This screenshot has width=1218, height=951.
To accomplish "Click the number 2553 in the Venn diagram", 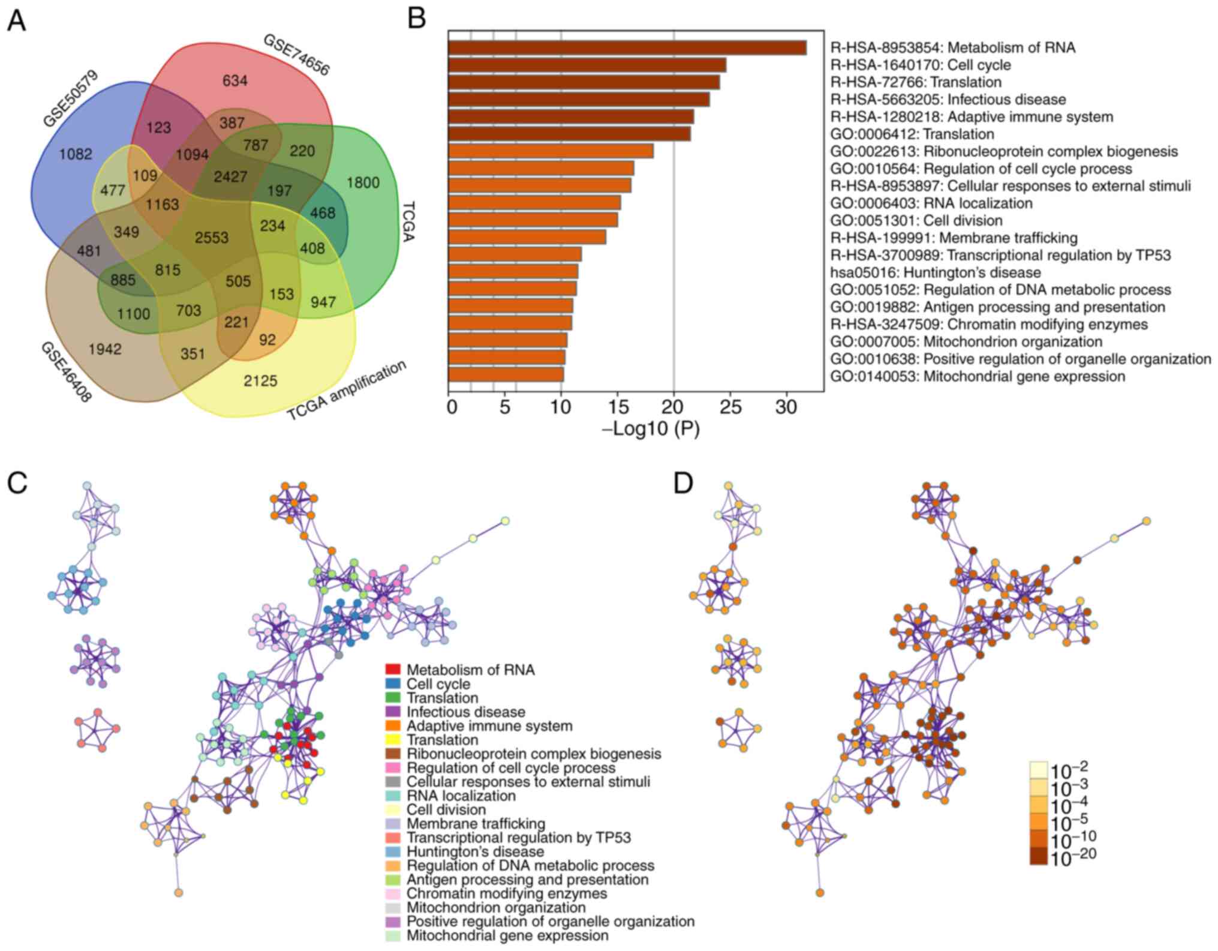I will (x=212, y=238).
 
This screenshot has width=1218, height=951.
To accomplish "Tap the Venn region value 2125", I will (x=260, y=380).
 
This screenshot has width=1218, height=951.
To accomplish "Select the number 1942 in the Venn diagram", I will (x=105, y=349).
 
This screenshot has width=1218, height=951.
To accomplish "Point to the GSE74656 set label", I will (x=296, y=55).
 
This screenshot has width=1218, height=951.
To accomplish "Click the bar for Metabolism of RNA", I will (x=627, y=48).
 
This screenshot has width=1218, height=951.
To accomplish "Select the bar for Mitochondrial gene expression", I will (x=506, y=375).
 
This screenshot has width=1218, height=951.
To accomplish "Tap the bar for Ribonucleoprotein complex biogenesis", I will (x=551, y=151).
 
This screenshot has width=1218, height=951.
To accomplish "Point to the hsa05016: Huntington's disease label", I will (x=936, y=272).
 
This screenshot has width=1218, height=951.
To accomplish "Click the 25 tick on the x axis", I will (x=730, y=408).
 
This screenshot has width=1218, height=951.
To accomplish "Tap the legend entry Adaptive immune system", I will (x=489, y=726).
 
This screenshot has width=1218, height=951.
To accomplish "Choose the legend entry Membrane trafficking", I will (x=476, y=824).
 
